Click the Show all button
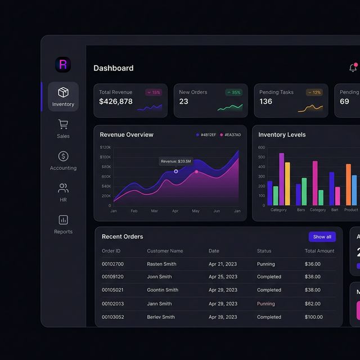click(322, 237)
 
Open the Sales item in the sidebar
click(63, 129)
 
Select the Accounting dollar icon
click(63, 156)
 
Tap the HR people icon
click(63, 188)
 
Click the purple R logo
click(63, 65)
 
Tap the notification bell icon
click(353, 68)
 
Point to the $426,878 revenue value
click(116, 102)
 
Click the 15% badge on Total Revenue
click(154, 92)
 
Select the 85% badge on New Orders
click(233, 92)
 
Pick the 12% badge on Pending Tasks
click(314, 92)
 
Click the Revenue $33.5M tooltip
click(175, 161)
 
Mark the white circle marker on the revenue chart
click(176, 172)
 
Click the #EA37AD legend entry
click(230, 135)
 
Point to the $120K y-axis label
click(105, 147)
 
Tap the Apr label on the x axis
click(175, 211)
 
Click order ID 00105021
click(112, 290)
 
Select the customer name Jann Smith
click(159, 304)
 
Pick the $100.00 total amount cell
click(313, 317)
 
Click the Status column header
click(264, 251)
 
